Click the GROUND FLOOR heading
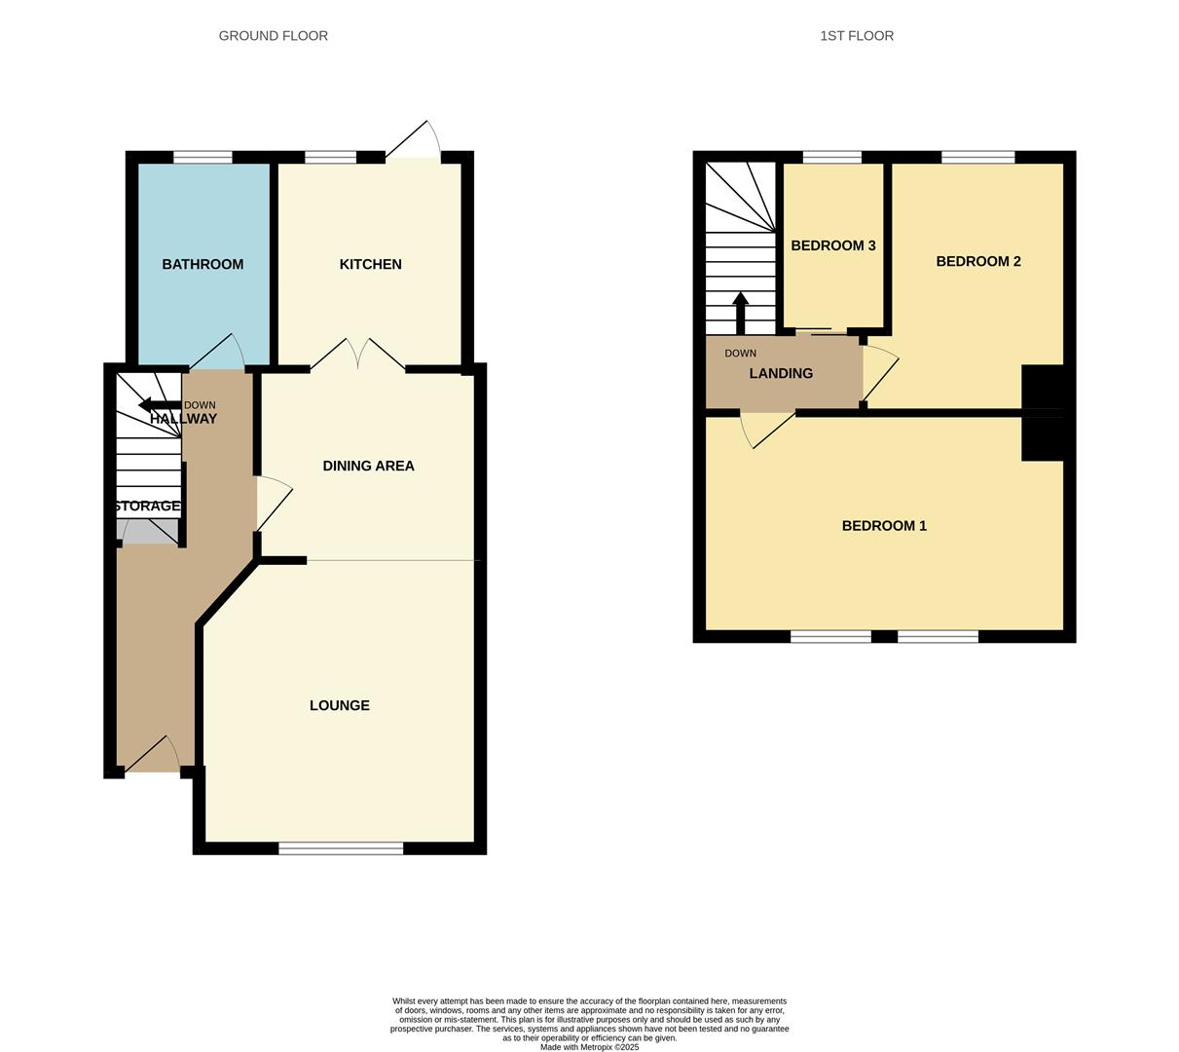coord(273,36)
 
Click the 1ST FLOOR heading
coord(856,36)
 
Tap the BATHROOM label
coord(203,264)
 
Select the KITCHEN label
coord(370,264)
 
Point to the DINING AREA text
coord(368,466)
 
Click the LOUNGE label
coord(339,705)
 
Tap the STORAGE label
coord(147,506)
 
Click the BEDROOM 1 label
coord(883,526)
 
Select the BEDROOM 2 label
coord(977,261)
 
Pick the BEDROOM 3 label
coord(832,245)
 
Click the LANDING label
coord(781,373)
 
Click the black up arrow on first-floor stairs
coord(740,310)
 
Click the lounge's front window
coord(341,848)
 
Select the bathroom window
coord(203,157)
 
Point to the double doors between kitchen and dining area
coord(358,356)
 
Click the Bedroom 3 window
coord(831,157)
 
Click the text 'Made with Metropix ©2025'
coord(589,1047)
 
